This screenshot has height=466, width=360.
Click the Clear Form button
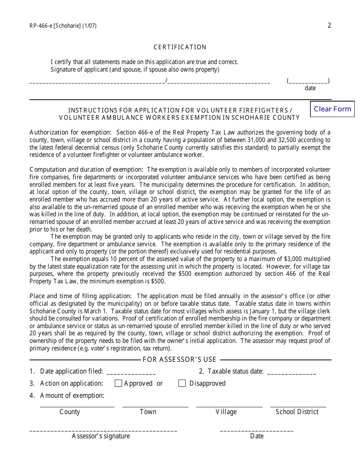[x=332, y=109]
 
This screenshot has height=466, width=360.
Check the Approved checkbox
[x=118, y=383]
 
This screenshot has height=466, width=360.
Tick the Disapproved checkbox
[x=182, y=383]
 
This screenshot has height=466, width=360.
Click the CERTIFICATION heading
[x=180, y=47]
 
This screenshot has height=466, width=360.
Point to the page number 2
[x=329, y=25]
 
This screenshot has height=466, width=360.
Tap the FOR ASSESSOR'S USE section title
[x=180, y=360]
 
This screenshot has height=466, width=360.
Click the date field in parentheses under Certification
[x=308, y=81]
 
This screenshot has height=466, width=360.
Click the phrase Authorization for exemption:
[x=70, y=132]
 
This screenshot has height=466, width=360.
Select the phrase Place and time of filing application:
[x=81, y=296]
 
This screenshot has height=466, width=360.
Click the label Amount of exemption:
[x=72, y=396]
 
